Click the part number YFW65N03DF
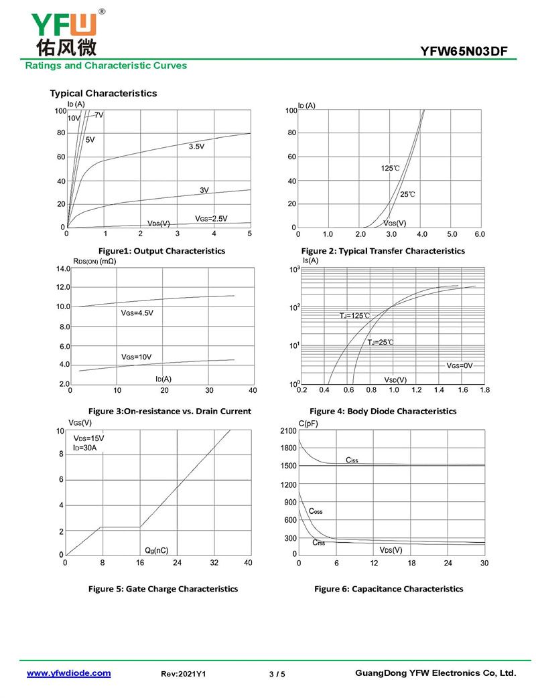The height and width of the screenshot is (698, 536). (x=468, y=52)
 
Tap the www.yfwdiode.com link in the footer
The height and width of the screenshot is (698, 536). (x=68, y=673)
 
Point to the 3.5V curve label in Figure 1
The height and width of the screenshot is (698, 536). (x=196, y=146)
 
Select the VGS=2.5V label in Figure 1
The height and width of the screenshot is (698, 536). (x=211, y=218)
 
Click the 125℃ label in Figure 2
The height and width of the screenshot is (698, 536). (x=390, y=169)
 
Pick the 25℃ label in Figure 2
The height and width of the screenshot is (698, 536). (x=407, y=194)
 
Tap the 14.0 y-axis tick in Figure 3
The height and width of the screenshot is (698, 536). (x=62, y=269)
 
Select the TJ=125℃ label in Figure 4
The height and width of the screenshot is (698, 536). (x=354, y=315)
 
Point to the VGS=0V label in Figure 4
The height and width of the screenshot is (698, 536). (x=460, y=365)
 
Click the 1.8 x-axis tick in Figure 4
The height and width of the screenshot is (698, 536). (x=484, y=389)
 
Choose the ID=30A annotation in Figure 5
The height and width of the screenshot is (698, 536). (x=85, y=448)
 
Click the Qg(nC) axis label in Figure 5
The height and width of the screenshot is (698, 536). (x=156, y=550)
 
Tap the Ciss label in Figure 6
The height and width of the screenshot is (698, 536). (x=352, y=460)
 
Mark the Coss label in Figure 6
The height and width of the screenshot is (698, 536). (x=315, y=511)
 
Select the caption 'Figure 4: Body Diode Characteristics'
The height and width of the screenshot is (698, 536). (x=383, y=411)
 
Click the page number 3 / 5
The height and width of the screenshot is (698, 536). (x=277, y=674)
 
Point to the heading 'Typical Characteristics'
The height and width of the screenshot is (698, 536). (x=103, y=93)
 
